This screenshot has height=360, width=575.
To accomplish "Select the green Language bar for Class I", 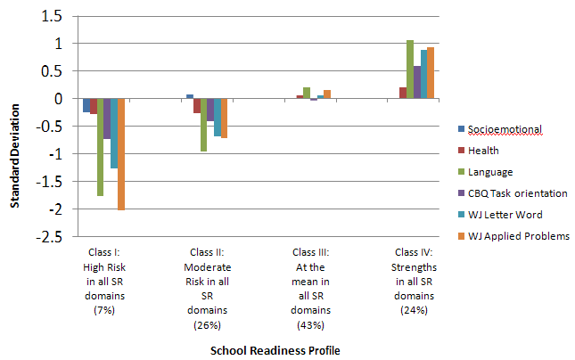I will point(100,147).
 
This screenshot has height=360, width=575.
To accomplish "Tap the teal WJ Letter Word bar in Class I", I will point(114,134).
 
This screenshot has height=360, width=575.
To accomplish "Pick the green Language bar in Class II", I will point(204,125).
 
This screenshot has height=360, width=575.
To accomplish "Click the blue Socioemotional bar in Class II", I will point(190,96).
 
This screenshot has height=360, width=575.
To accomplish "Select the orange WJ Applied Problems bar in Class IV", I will point(431,73).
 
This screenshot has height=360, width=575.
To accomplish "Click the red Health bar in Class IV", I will point(403,93).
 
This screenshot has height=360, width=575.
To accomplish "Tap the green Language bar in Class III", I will point(307,93).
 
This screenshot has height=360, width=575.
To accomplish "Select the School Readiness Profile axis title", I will point(275,350).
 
